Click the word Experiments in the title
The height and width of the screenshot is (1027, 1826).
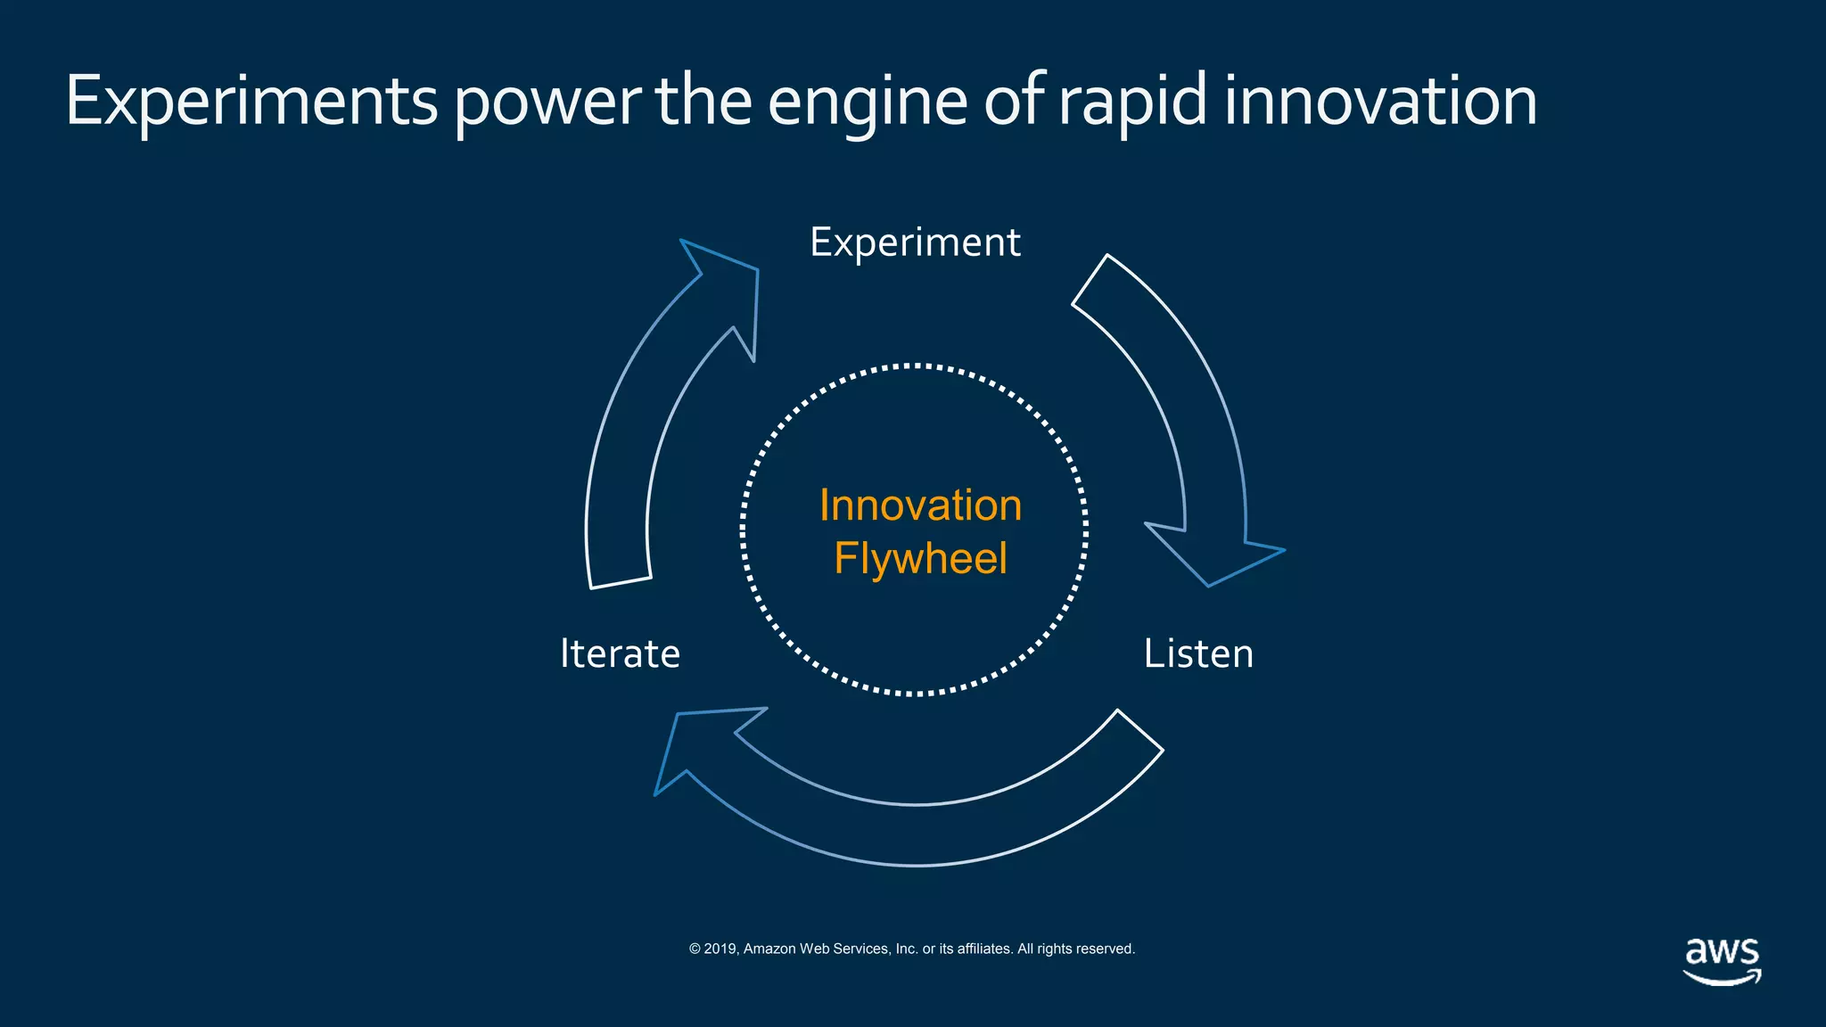251,102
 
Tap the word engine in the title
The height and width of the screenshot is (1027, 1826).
867,102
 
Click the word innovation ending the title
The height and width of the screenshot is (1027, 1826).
1380,102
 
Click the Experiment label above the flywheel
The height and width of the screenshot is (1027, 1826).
915,242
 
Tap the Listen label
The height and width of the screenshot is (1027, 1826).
1198,653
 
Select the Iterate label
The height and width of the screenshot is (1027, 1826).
620,653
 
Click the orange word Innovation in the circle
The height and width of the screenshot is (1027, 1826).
920,505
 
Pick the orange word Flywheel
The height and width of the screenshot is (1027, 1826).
920,559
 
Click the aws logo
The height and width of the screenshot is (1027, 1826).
1722,960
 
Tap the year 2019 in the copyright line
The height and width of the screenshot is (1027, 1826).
720,949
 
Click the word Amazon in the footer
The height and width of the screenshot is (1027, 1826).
769,949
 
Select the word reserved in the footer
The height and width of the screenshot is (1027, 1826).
1105,949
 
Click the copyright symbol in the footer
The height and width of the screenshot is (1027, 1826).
695,949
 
